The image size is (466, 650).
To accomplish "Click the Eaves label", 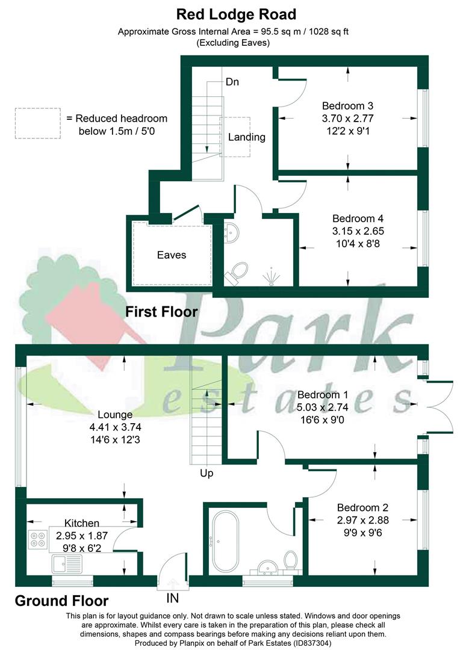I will (x=171, y=255).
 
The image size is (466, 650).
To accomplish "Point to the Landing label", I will (x=247, y=137).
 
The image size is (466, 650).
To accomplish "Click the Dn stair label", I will (x=232, y=82).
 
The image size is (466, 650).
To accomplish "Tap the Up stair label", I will (x=207, y=473).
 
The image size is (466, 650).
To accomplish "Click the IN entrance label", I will (x=173, y=599).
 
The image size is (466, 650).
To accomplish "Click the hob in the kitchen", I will (x=38, y=537).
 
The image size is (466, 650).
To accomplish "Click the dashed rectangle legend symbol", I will (x=37, y=123).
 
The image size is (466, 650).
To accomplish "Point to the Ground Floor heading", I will (x=61, y=601).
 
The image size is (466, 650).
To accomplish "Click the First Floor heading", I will (x=161, y=312).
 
